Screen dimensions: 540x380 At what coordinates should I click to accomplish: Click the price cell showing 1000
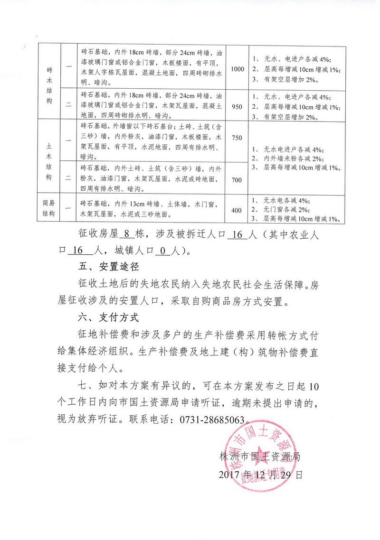(237, 69)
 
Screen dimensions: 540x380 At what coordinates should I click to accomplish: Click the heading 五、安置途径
(108, 267)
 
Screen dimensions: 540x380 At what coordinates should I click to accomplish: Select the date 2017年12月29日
(260, 474)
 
